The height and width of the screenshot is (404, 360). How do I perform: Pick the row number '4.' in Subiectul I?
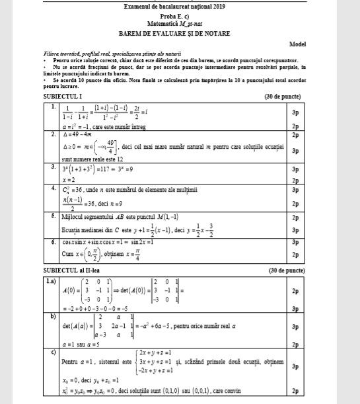[52, 188]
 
